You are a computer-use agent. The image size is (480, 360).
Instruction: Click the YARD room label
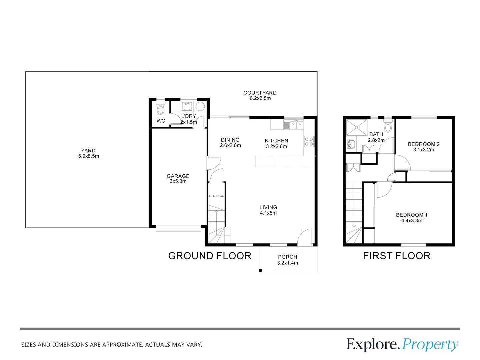[x=88, y=153]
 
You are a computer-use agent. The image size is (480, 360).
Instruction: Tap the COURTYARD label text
[x=260, y=93]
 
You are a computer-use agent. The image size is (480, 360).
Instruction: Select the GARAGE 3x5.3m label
[x=178, y=178]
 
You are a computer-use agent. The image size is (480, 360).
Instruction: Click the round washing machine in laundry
[x=200, y=106]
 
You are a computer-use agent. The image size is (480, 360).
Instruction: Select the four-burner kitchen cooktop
[x=309, y=141]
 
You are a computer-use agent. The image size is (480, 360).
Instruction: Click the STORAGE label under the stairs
[x=216, y=196]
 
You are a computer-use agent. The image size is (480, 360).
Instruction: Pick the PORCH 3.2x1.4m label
[x=288, y=260]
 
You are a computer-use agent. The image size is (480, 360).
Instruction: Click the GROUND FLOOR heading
[x=210, y=256]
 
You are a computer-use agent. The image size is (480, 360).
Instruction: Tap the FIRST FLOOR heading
[x=397, y=256]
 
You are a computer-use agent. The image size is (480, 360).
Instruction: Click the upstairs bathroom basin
[x=351, y=144]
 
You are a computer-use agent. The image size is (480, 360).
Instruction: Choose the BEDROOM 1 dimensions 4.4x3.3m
[x=412, y=221]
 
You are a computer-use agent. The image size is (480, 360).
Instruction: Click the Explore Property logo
[x=402, y=345]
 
